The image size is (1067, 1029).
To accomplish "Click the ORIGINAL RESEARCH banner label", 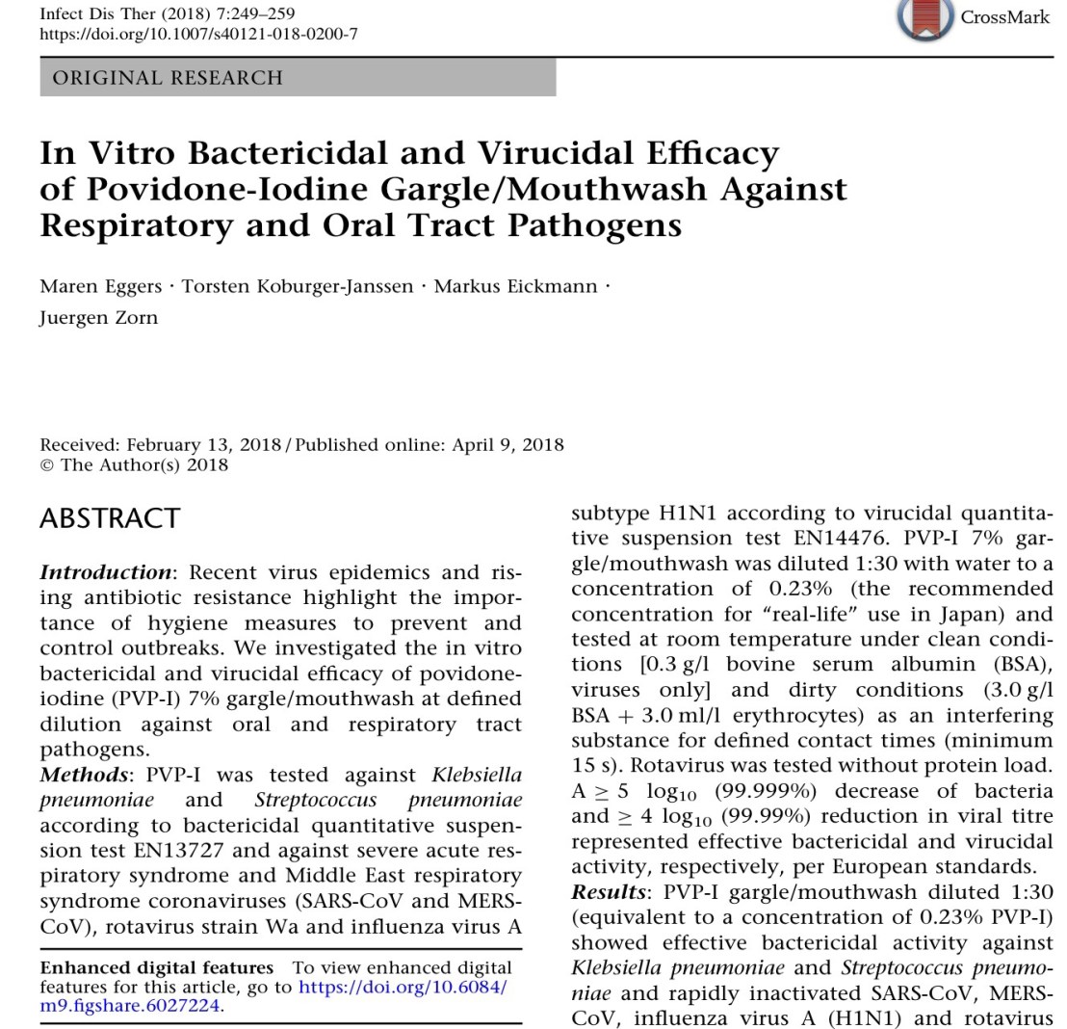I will tap(168, 78).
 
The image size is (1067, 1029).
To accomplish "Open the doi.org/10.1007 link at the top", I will tap(198, 34).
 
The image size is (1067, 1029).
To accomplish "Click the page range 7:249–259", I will tap(253, 13).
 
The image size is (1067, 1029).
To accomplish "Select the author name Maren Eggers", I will tap(100, 286).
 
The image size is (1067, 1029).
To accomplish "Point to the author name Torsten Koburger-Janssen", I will tap(298, 286).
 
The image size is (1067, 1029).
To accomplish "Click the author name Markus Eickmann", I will tap(515, 286).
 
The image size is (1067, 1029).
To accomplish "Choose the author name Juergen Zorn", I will tap(98, 318).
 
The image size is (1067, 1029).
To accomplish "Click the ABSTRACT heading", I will tap(110, 518).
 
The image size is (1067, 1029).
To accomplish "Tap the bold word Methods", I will tap(83, 775).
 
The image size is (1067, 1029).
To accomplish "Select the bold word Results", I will tap(608, 891).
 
